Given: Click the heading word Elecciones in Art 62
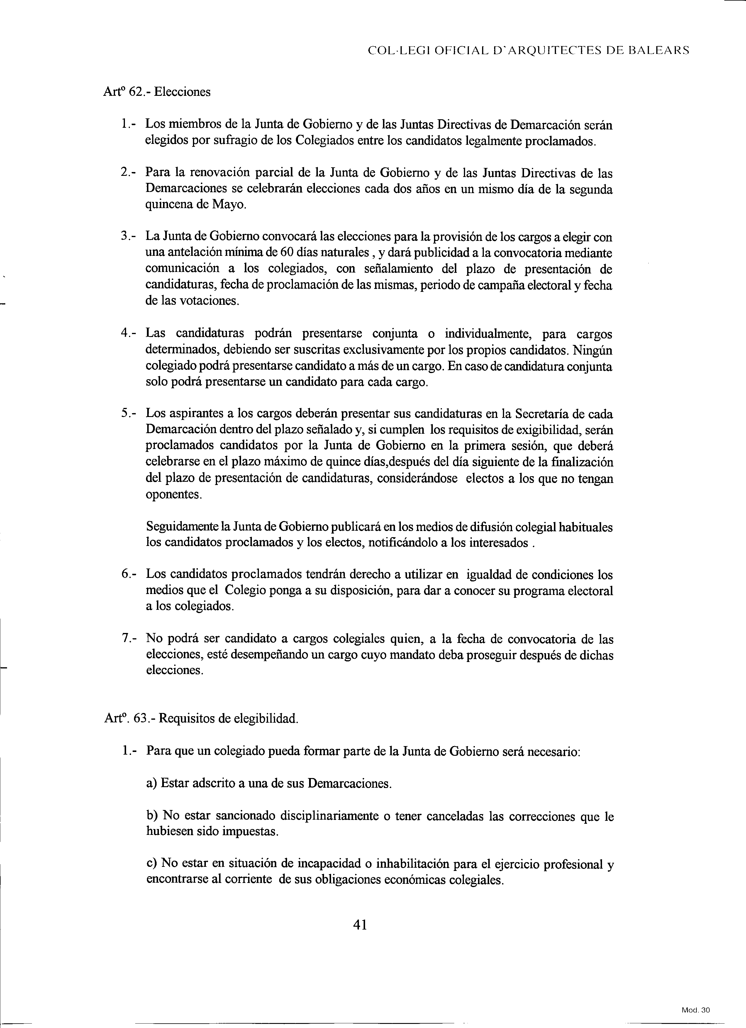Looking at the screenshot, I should tap(182, 92).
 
